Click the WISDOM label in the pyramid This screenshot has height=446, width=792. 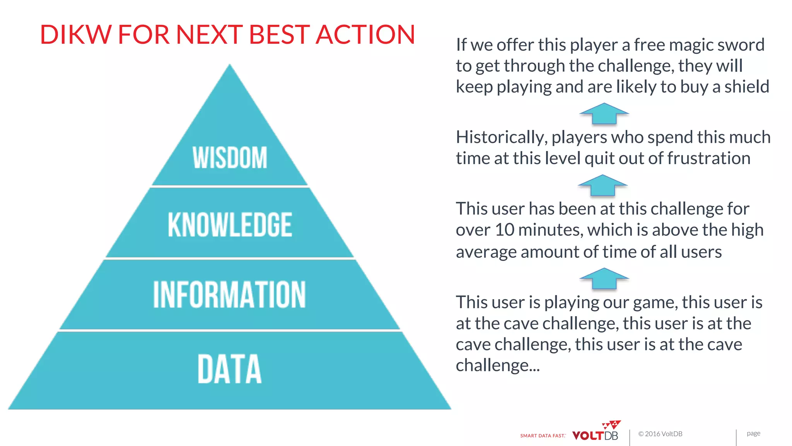[x=230, y=158]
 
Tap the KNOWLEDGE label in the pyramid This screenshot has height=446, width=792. [x=230, y=225]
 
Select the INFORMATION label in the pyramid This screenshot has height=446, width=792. [x=229, y=295]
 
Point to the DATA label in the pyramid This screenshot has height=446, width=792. [x=229, y=369]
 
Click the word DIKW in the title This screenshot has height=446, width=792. [x=76, y=34]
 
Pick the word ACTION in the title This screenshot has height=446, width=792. [x=365, y=34]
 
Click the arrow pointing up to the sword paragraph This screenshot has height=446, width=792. [x=604, y=113]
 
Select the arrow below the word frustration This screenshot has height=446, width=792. [x=603, y=185]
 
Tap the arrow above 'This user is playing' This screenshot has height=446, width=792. [x=604, y=278]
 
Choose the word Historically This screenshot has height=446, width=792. [x=501, y=138]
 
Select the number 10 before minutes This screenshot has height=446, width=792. [x=504, y=230]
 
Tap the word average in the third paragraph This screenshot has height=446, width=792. [x=486, y=252]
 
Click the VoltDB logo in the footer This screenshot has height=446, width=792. [x=596, y=432]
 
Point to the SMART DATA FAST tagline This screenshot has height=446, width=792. [x=543, y=436]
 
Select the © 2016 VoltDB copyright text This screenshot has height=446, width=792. [x=660, y=434]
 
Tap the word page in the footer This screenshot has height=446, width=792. [x=753, y=433]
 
